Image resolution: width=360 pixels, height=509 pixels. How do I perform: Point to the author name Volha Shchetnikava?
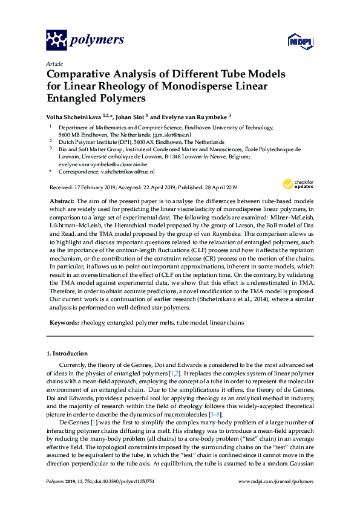click(x=74, y=116)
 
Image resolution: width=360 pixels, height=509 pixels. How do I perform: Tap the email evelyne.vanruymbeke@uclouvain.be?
click(x=103, y=164)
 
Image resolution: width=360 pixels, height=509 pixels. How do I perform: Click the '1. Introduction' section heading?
click(x=70, y=353)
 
